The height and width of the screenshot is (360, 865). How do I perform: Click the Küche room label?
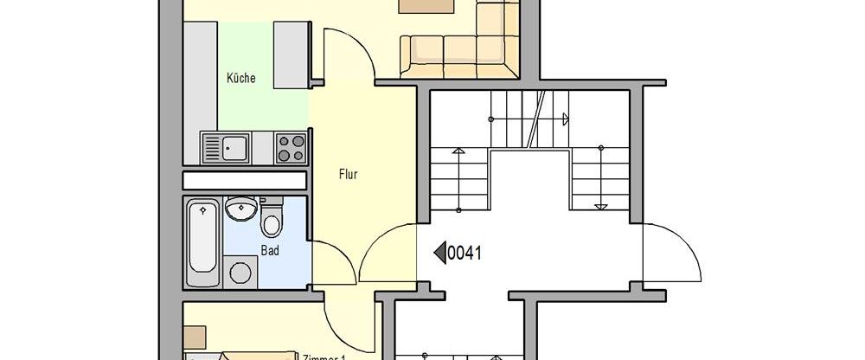pyautogui.click(x=240, y=78)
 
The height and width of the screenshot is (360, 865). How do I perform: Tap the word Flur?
pyautogui.click(x=348, y=174)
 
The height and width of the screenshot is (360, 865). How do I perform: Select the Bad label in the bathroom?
pyautogui.click(x=271, y=250)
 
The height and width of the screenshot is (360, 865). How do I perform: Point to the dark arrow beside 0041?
pyautogui.click(x=439, y=253)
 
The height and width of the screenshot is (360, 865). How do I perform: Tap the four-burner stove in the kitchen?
pyautogui.click(x=291, y=147)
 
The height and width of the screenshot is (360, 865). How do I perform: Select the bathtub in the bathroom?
pyautogui.click(x=202, y=245)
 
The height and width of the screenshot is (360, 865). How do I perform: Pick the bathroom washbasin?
pyautogui.click(x=240, y=209)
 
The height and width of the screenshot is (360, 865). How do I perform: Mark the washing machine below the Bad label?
pyautogui.click(x=239, y=272)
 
